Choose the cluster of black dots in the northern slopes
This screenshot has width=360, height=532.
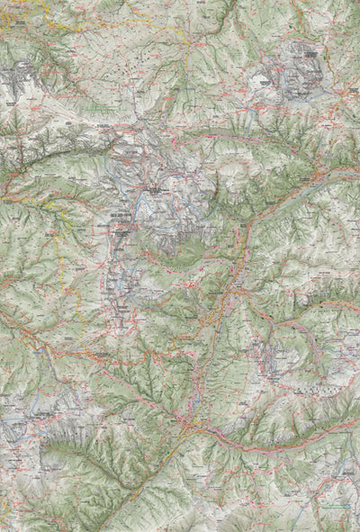[x=135, y=68]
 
